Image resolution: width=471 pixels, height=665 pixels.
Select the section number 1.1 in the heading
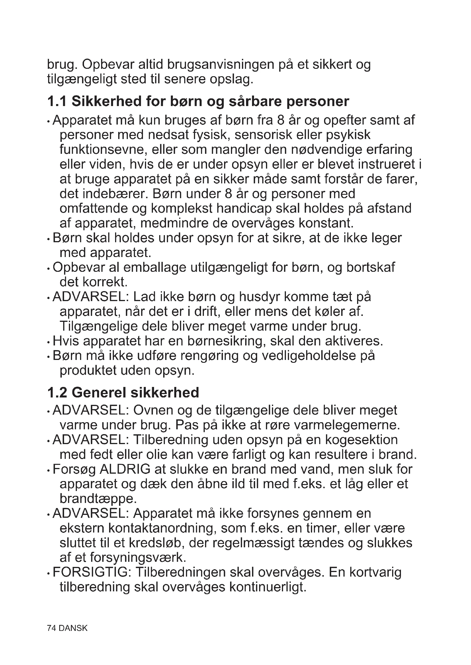click(57, 101)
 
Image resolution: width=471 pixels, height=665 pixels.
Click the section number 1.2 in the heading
click(57, 392)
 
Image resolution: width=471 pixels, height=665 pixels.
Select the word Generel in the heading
click(99, 392)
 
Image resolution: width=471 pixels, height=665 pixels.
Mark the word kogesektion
click(361, 440)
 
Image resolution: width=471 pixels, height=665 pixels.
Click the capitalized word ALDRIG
click(125, 469)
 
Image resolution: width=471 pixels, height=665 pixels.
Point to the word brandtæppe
click(98, 498)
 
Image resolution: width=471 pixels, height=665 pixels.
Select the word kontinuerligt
click(268, 587)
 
